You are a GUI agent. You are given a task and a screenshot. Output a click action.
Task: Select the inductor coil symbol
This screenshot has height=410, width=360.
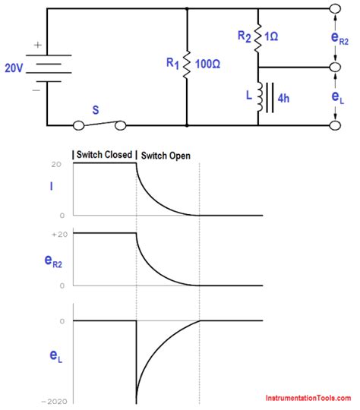tap(260, 96)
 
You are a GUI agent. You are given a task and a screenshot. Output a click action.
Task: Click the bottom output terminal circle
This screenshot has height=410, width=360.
tap(335, 125)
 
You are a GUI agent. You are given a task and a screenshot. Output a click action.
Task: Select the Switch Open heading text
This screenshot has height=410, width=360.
tap(165, 155)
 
